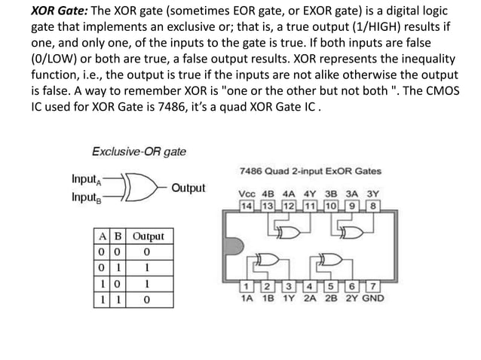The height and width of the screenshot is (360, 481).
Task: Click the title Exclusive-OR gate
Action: [x=139, y=151]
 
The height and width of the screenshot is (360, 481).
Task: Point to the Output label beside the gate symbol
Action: [x=188, y=188]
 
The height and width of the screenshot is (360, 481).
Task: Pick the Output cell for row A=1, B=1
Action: [x=148, y=300]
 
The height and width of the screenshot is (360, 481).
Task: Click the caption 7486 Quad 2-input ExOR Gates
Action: [x=309, y=169]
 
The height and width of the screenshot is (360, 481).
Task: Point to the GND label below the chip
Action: [x=371, y=298]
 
